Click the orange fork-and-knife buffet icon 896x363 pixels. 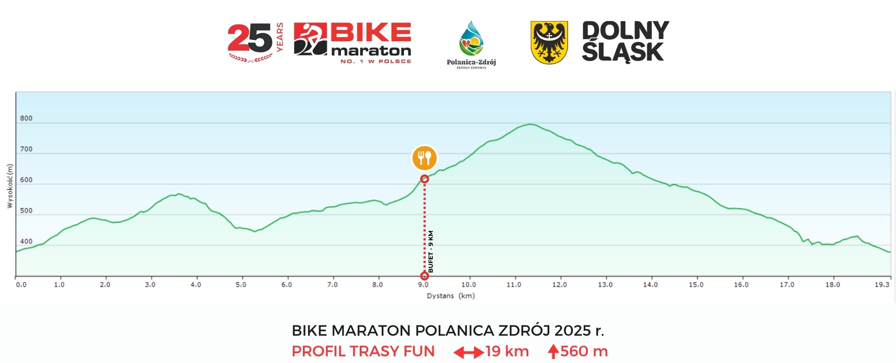point(424,158)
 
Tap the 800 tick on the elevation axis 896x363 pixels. point(26,119)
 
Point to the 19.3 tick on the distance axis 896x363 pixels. point(882,285)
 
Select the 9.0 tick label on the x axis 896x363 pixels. point(423,285)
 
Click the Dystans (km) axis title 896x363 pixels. point(451,296)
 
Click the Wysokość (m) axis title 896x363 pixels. point(10,186)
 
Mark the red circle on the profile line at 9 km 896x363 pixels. point(425,179)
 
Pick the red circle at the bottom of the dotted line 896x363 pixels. point(424,276)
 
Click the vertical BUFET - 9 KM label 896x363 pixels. point(431,252)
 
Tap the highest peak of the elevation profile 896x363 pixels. point(530,124)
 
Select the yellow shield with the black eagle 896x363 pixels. point(549,43)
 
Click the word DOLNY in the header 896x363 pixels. point(625,30)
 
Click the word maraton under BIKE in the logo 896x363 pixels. point(371,51)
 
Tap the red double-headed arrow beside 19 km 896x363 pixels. point(468,352)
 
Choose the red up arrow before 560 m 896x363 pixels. point(553,351)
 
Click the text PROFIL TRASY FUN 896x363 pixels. point(363,351)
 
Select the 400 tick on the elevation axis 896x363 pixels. point(26,242)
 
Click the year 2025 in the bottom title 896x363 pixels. point(573,331)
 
